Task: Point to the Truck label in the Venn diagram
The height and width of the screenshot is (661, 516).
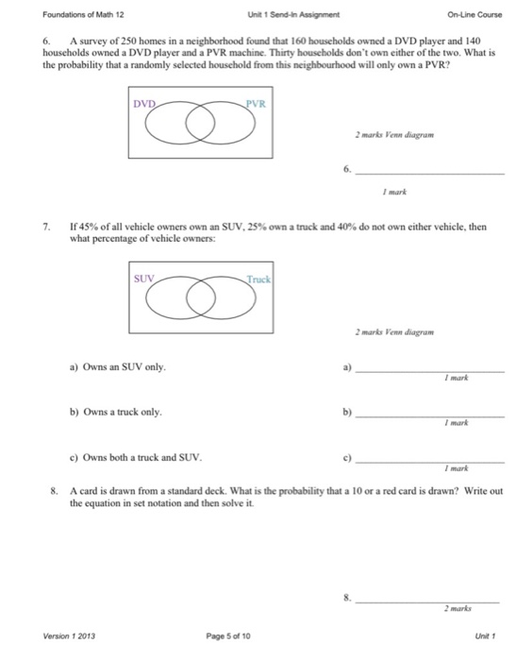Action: (x=258, y=280)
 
